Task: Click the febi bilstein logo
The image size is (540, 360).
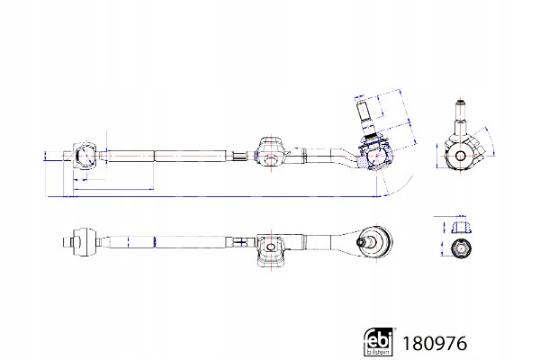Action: coord(379,341)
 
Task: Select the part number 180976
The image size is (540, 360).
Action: coord(435,344)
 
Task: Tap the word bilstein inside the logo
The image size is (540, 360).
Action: coord(379,352)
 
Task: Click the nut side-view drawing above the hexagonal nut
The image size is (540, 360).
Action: coord(461,226)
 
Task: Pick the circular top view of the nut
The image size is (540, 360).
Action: coord(461,248)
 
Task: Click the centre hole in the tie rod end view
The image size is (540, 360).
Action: coord(461,157)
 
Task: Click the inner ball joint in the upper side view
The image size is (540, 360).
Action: coord(84,156)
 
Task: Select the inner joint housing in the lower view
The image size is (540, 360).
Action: coord(84,242)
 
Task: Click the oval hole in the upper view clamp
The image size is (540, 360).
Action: coord(272,159)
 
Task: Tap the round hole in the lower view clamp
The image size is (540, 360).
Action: coord(272,247)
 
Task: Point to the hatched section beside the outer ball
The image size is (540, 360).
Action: coord(362,161)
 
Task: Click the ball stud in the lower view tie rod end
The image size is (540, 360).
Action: coord(368,242)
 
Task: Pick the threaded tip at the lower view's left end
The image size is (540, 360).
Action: coord(67,242)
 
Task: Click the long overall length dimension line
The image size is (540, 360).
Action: coord(212,197)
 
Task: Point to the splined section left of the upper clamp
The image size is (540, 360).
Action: coord(239,156)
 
